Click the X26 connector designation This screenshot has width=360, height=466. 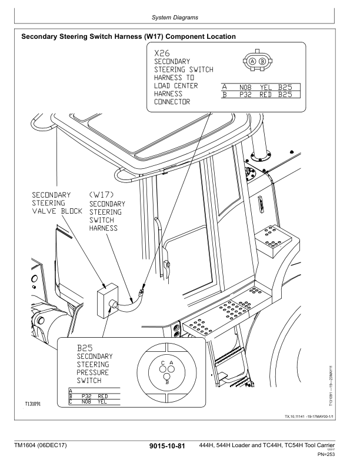click(162, 53)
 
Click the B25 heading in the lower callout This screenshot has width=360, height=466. click(86, 349)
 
